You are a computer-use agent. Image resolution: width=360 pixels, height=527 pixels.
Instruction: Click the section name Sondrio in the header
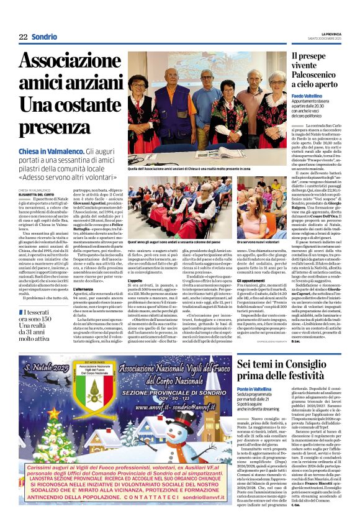(47, 37)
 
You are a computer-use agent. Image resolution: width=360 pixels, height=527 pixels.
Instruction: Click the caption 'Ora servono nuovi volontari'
(263, 241)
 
